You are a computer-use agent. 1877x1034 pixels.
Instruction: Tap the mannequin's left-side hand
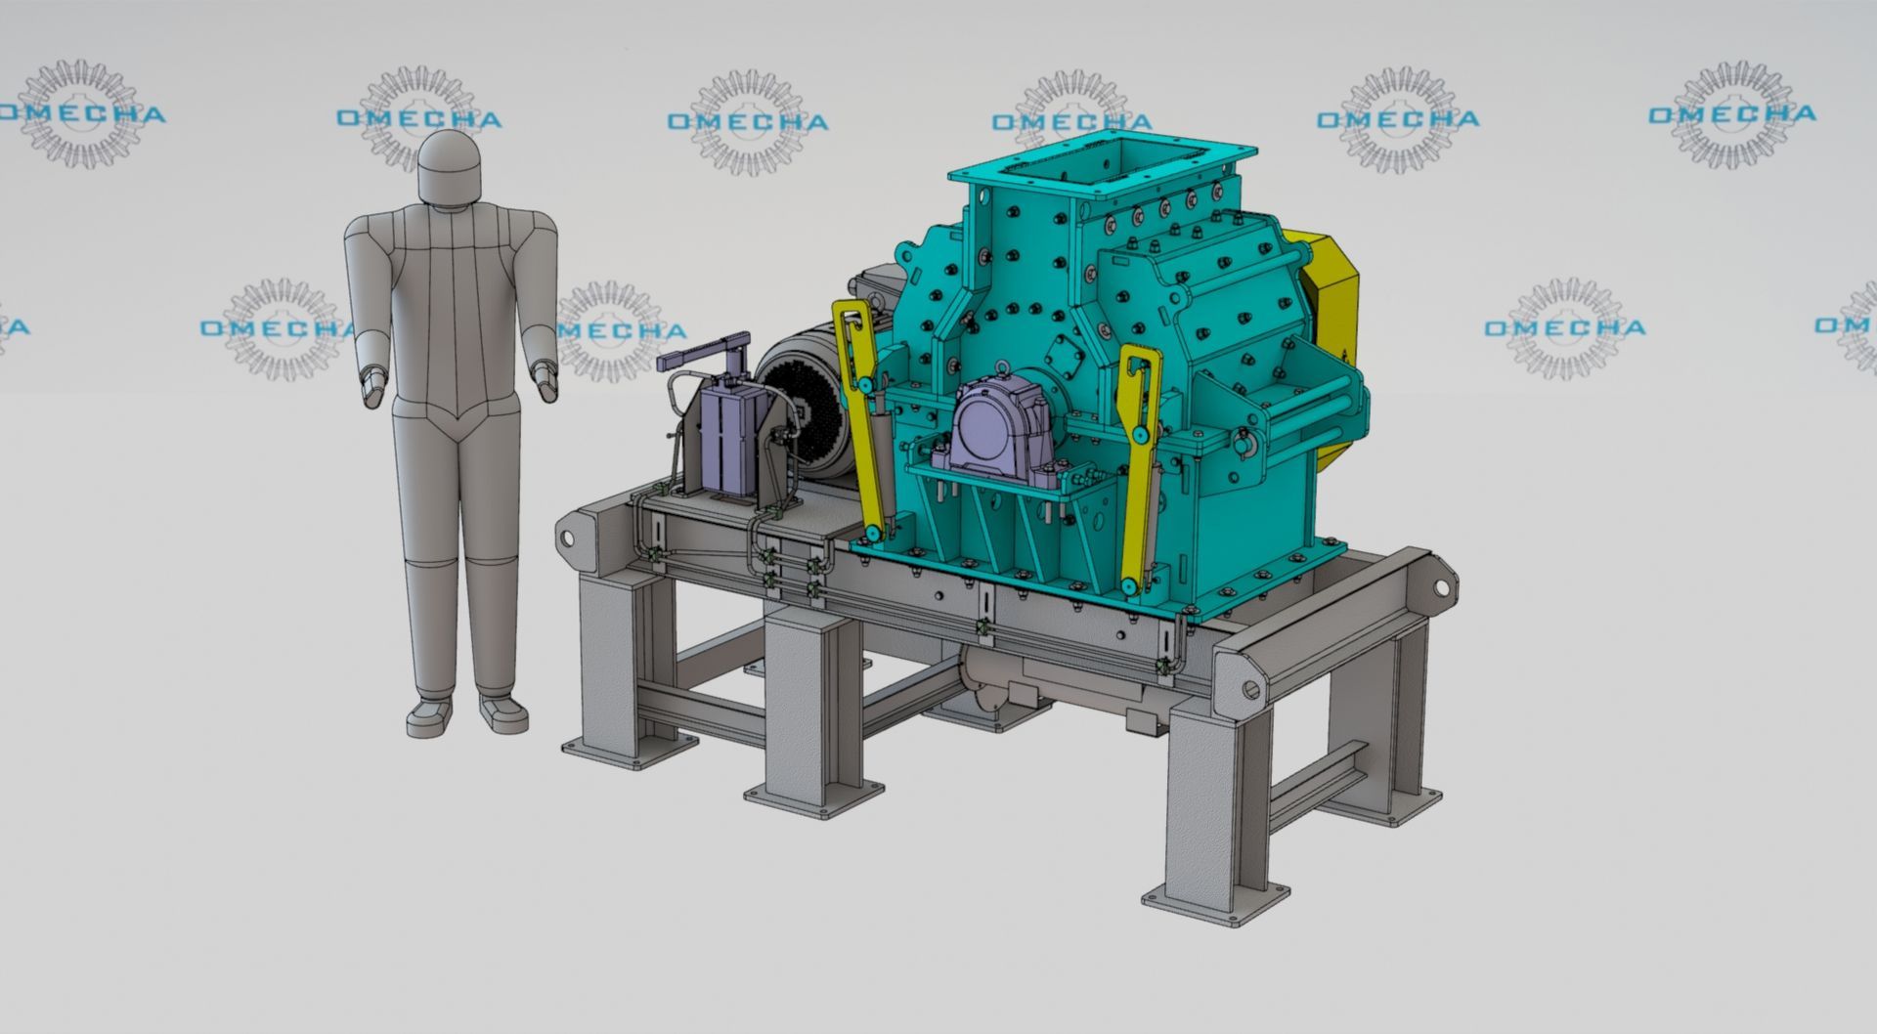coord(372,385)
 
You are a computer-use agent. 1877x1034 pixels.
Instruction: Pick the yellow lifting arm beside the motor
coord(865,410)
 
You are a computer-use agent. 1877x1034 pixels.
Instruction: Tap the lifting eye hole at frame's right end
coord(1441,588)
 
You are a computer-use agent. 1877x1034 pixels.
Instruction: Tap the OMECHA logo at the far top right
coord(1732,113)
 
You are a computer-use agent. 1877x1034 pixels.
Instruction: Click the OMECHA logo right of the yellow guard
coord(1564,327)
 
